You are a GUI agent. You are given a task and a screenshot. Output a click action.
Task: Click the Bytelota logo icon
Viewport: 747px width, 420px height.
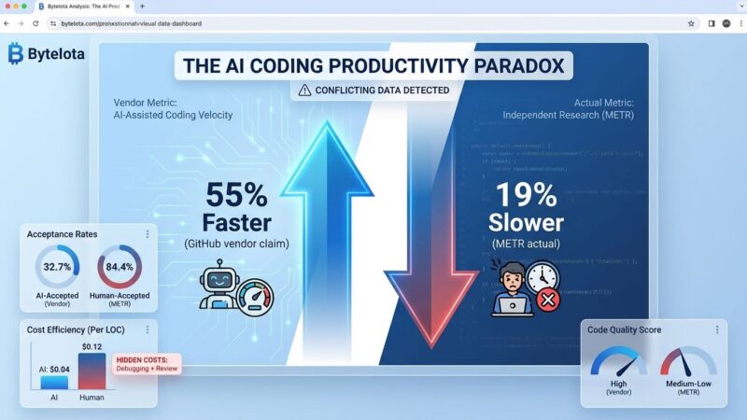pos(15,54)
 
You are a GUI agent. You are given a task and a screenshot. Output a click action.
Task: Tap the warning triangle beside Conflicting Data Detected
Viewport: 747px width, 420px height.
pos(305,91)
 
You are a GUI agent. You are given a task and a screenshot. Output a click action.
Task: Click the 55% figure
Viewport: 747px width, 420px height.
pos(237,196)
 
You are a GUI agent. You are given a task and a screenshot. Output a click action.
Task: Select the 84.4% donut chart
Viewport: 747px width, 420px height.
pos(119,267)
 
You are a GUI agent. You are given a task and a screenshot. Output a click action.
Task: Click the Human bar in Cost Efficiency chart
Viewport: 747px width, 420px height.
pos(92,371)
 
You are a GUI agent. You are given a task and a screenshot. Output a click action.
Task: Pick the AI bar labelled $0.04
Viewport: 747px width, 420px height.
pos(54,382)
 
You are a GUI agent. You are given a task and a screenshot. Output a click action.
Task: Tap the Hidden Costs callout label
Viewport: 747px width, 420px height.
pos(147,363)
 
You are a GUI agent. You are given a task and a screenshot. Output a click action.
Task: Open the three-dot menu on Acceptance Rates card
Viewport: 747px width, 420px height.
pos(147,233)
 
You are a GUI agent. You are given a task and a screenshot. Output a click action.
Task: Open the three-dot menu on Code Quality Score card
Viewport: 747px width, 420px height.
pos(717,329)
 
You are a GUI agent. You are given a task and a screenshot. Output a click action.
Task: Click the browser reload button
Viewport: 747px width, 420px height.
pos(35,23)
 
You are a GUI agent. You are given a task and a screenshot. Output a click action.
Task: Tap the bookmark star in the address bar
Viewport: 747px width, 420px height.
pos(691,23)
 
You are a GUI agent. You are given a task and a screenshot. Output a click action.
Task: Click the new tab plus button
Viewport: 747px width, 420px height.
pos(142,7)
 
